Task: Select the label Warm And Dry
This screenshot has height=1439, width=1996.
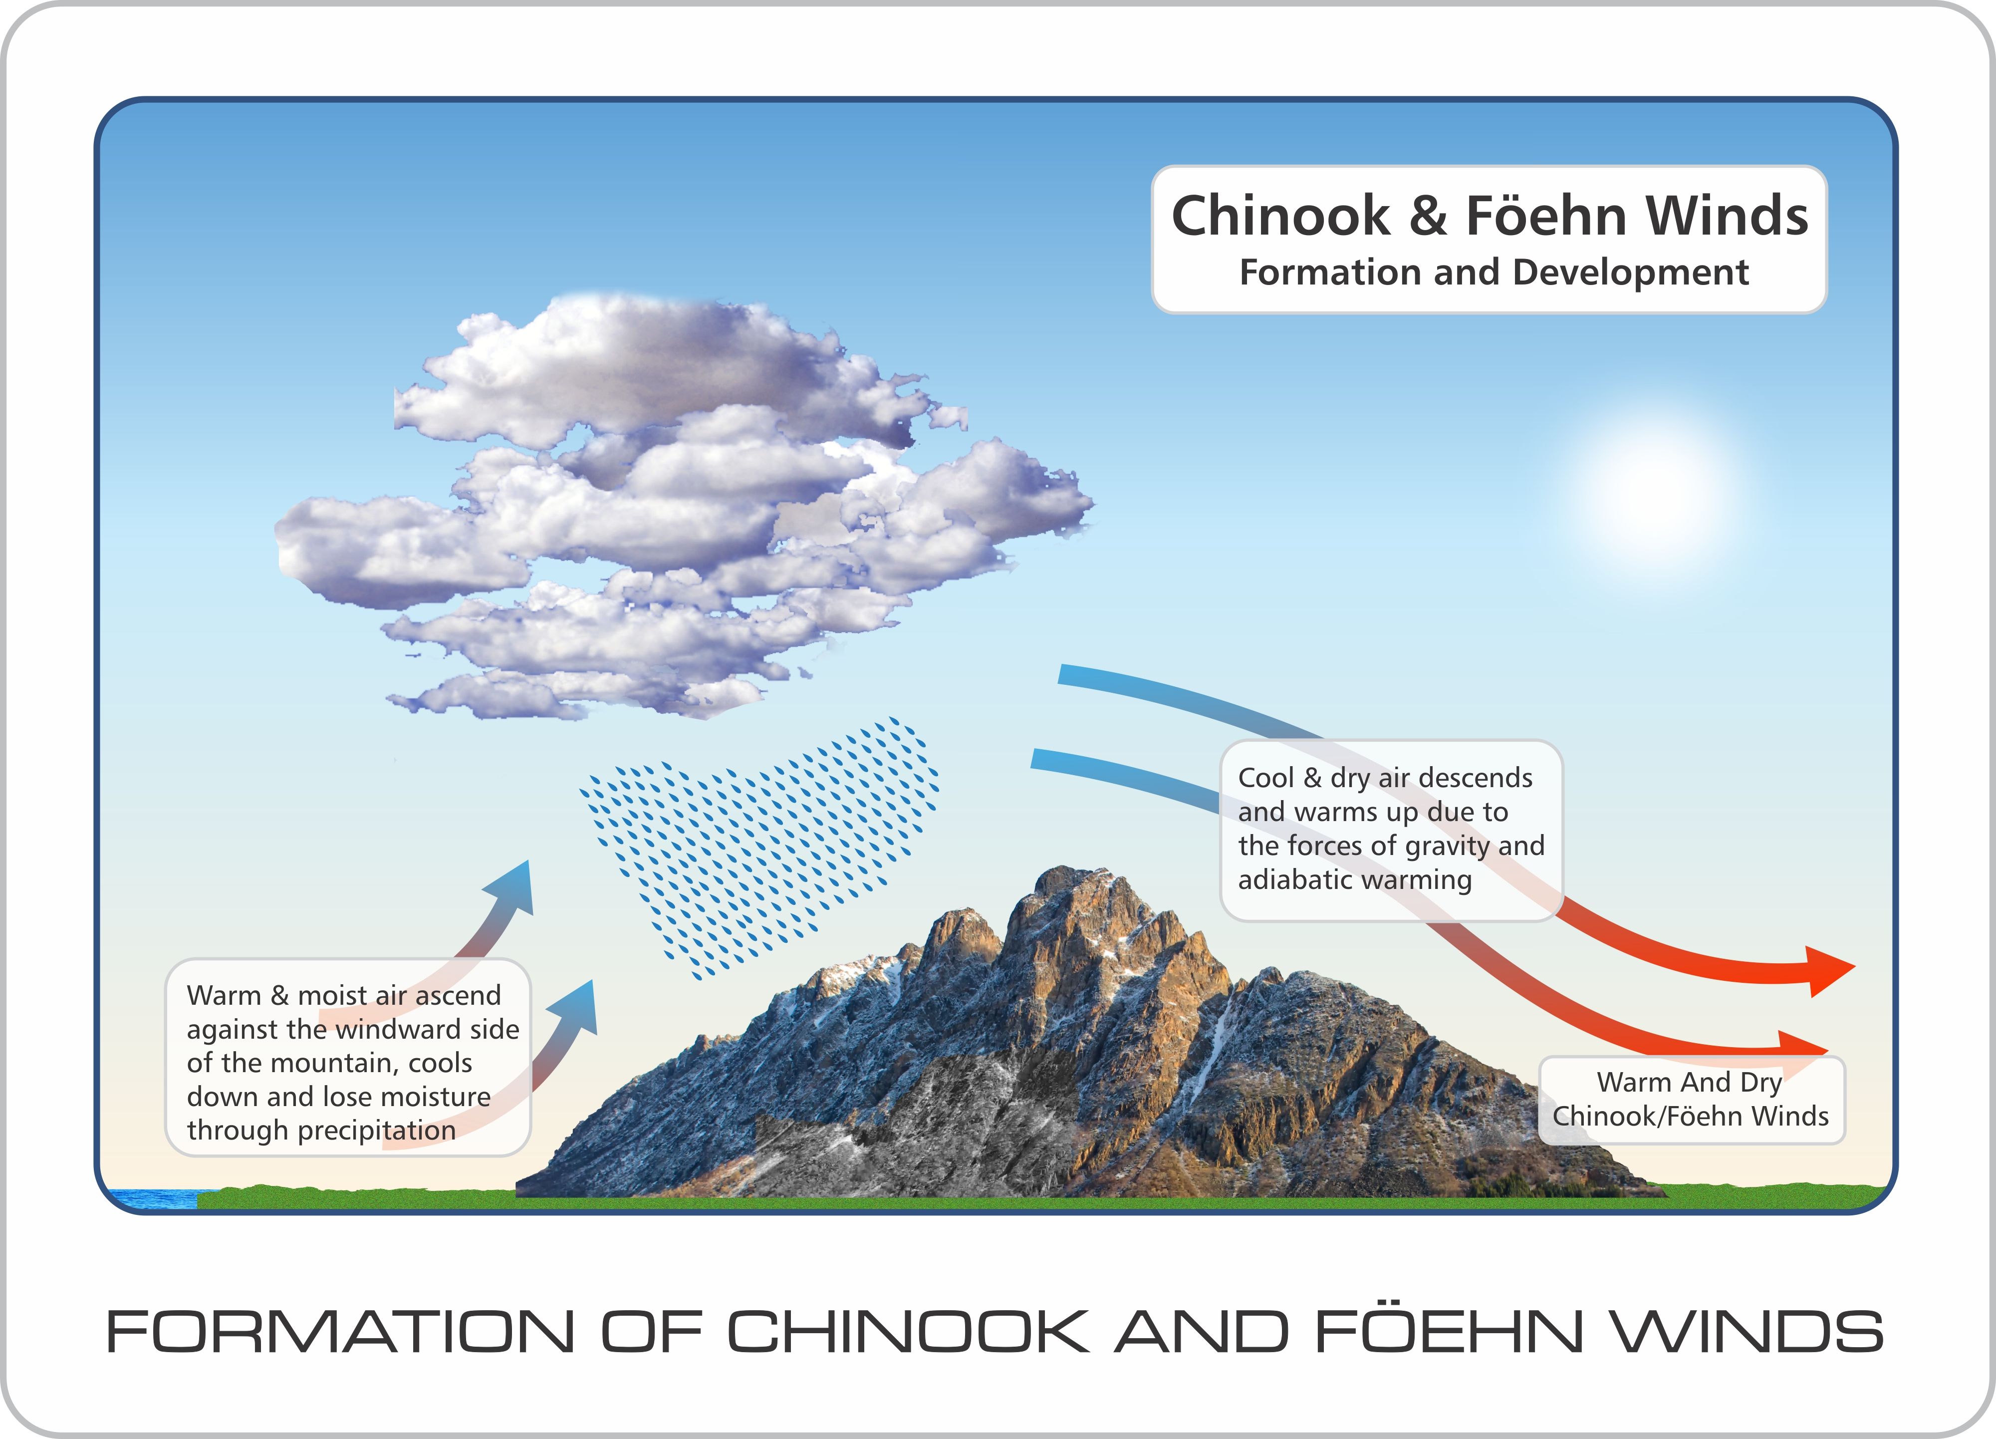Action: pos(1689,1082)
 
